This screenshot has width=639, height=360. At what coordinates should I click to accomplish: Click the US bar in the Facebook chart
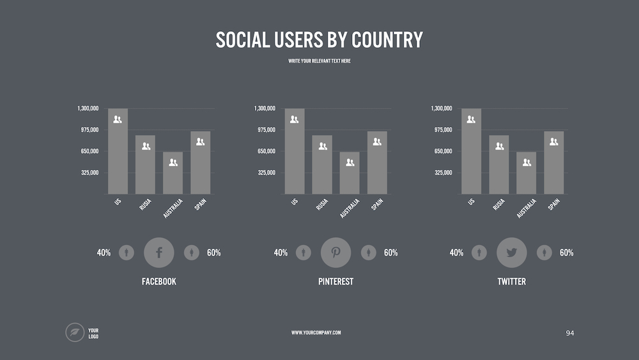[x=118, y=153]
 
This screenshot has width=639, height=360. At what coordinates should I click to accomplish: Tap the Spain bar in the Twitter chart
[x=554, y=164]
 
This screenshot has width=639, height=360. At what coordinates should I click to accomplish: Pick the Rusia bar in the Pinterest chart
[x=322, y=166]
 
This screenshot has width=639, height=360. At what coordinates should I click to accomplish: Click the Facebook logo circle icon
[x=159, y=253]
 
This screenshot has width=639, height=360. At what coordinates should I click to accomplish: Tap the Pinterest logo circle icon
[x=336, y=253]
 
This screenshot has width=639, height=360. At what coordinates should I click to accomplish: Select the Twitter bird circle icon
[x=512, y=253]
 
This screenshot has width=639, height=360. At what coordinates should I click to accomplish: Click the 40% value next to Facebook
[x=104, y=253]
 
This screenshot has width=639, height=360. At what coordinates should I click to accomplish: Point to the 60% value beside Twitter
[x=566, y=253]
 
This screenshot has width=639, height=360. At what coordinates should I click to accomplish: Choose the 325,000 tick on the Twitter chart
[x=442, y=173]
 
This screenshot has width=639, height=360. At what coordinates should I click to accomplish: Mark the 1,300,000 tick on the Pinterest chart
[x=265, y=109]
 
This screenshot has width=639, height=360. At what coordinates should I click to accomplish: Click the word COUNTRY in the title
[x=387, y=40]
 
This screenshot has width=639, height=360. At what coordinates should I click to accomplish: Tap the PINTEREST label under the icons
[x=335, y=281]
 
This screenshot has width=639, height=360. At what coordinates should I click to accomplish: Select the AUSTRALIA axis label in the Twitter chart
[x=525, y=208]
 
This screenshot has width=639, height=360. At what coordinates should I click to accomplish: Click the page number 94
[x=570, y=333]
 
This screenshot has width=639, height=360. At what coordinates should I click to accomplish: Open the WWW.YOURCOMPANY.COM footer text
[x=316, y=333]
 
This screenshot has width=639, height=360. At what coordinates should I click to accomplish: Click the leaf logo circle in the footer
[x=75, y=333]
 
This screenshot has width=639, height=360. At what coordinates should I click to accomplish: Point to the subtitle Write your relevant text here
[x=319, y=61]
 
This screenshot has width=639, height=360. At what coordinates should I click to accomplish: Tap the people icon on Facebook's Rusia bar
[x=146, y=146]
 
